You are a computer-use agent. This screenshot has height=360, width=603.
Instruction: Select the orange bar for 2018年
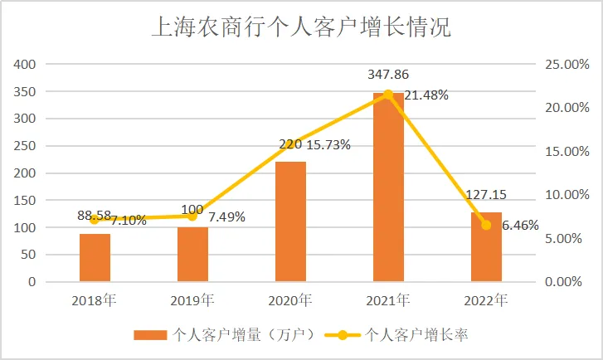click(x=95, y=258)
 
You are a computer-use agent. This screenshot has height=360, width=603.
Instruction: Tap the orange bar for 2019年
click(x=192, y=255)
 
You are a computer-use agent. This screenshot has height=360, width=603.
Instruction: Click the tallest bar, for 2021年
click(x=388, y=187)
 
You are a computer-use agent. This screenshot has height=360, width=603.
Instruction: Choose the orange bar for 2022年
click(x=486, y=247)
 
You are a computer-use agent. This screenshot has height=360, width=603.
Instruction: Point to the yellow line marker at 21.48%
click(x=388, y=95)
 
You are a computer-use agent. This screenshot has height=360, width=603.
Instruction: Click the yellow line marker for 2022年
click(x=486, y=225)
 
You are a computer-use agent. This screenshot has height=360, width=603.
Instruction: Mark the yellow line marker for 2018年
click(x=95, y=219)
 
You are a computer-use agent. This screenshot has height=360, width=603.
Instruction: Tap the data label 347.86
click(x=388, y=75)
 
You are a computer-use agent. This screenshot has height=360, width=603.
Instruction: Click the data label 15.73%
click(x=328, y=144)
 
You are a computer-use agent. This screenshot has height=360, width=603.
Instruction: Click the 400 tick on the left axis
click(x=26, y=64)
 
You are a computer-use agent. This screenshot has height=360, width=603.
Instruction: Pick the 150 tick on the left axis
click(x=26, y=200)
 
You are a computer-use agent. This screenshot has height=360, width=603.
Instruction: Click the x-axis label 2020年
click(x=290, y=299)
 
